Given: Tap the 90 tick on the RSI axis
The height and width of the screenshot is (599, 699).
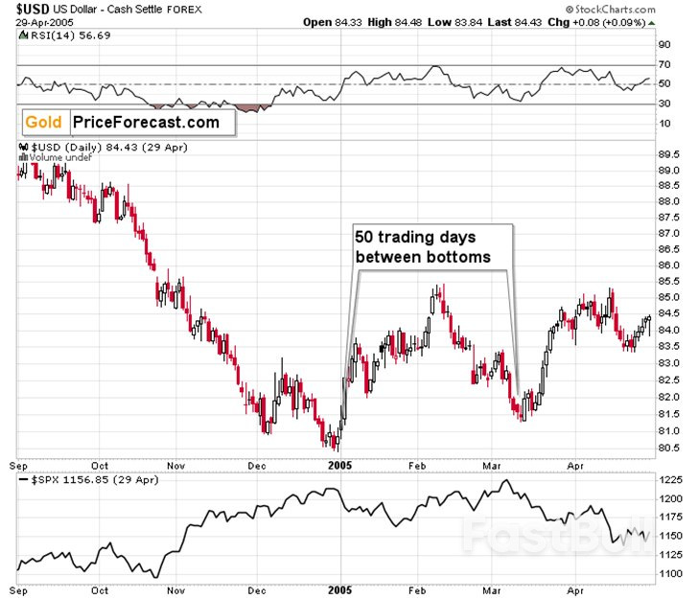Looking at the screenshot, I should tap(664, 44).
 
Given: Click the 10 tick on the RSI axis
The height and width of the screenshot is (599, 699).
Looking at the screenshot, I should tap(664, 124).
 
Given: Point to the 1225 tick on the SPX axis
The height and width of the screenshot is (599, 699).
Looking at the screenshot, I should tap(672, 479).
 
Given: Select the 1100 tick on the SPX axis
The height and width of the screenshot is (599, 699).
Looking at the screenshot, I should tap(672, 573).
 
